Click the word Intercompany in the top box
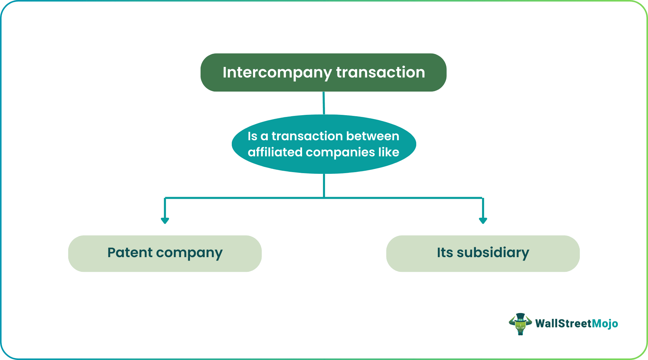click(x=277, y=72)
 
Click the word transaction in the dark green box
click(x=380, y=72)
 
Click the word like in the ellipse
click(x=389, y=152)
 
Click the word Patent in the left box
click(x=130, y=253)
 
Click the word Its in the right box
click(x=445, y=253)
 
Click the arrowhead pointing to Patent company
click(x=165, y=220)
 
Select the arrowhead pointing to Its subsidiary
click(x=483, y=220)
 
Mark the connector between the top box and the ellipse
click(x=324, y=103)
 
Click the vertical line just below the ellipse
click(x=324, y=185)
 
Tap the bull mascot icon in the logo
click(x=520, y=324)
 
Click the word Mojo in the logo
click(x=605, y=324)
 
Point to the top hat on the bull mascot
click(x=520, y=317)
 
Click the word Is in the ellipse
click(x=252, y=136)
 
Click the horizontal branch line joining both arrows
click(x=240, y=198)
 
